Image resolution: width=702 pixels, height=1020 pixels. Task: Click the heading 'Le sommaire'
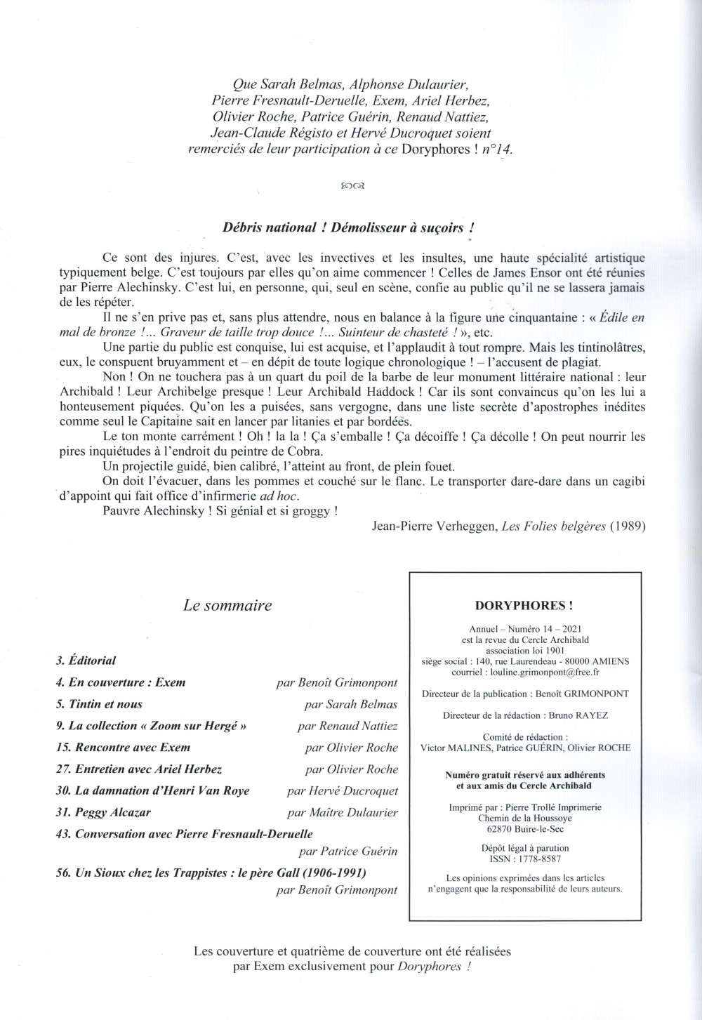(227, 605)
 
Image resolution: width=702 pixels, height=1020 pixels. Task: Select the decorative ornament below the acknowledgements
(350, 186)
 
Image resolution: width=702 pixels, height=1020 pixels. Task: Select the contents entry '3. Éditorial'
(86, 661)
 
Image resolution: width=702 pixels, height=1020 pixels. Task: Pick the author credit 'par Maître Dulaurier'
(343, 812)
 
